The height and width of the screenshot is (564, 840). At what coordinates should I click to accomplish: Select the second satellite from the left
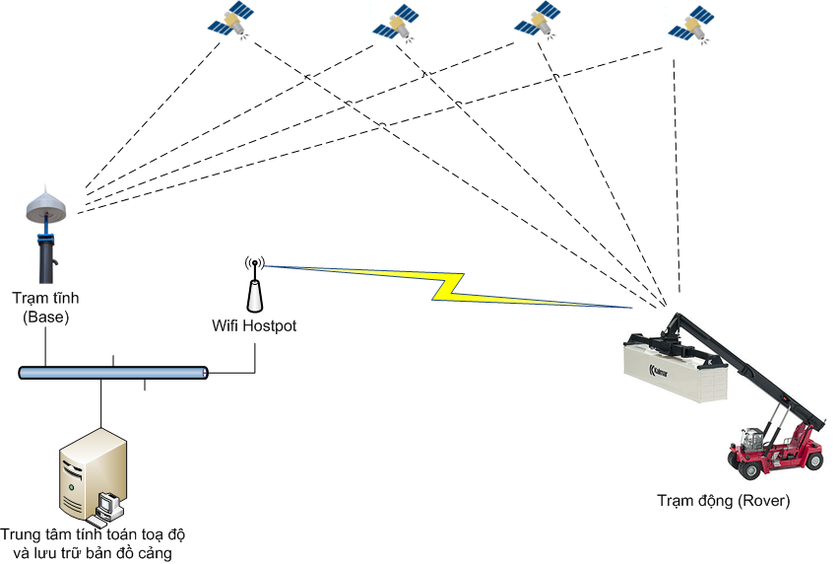[x=400, y=23]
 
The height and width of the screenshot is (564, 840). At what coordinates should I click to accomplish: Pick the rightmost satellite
[x=693, y=25]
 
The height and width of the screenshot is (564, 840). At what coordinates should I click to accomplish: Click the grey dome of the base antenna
[x=45, y=207]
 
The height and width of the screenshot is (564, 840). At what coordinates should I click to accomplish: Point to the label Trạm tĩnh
[x=44, y=298]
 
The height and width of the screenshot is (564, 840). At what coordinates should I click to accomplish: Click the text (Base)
[x=44, y=317]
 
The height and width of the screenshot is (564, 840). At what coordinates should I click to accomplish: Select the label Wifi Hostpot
[x=254, y=324]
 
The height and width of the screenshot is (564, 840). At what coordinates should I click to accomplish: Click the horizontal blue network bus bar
[x=113, y=373]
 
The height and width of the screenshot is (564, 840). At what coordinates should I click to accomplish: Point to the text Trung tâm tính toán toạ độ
[x=94, y=534]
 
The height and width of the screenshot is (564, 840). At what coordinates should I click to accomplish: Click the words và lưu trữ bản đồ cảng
[x=94, y=552]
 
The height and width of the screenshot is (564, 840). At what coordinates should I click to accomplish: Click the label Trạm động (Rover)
[x=723, y=501]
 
